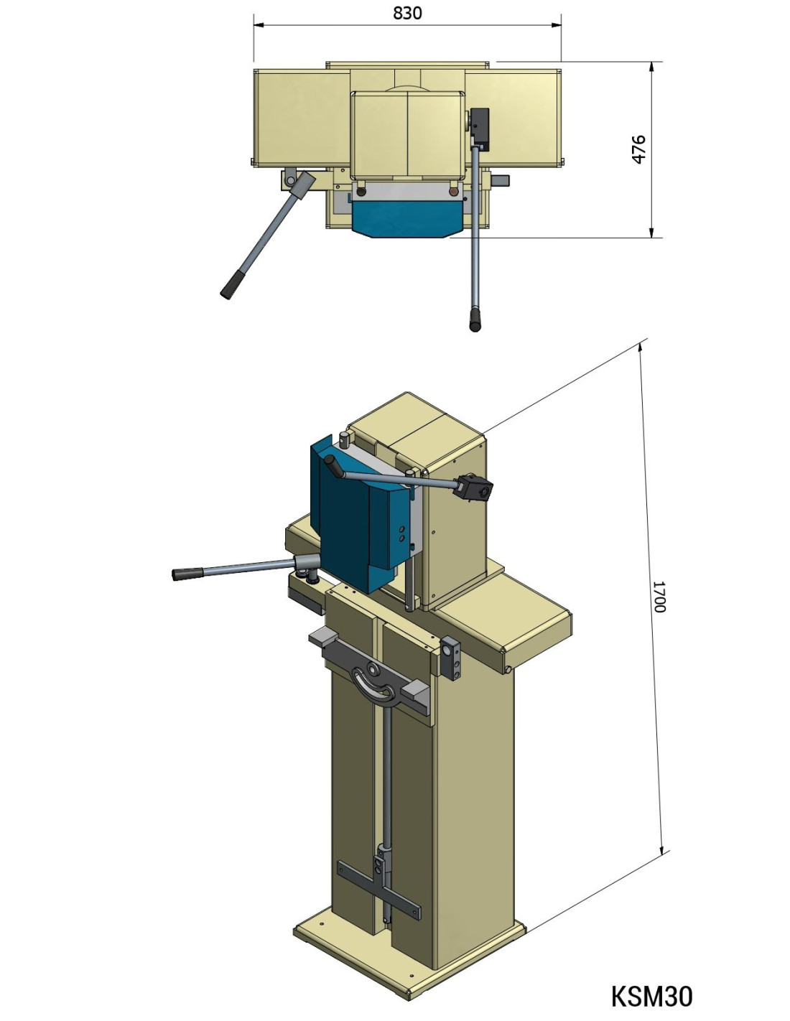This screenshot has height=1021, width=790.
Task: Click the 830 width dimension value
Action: pyautogui.click(x=407, y=13)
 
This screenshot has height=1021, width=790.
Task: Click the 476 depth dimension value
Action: pyautogui.click(x=638, y=149)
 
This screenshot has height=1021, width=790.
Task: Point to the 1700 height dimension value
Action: pyautogui.click(x=660, y=597)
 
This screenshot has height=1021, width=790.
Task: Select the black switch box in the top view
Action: pyautogui.click(x=479, y=126)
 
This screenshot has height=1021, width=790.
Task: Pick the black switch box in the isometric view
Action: pyautogui.click(x=473, y=487)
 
